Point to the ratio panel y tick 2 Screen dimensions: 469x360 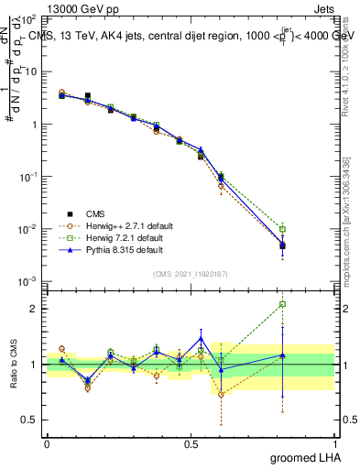tap(35, 309)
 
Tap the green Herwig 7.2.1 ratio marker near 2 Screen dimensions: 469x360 tap(283, 304)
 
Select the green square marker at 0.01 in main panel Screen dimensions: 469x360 tap(283, 229)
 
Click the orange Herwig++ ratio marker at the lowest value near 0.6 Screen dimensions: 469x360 tap(221, 394)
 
